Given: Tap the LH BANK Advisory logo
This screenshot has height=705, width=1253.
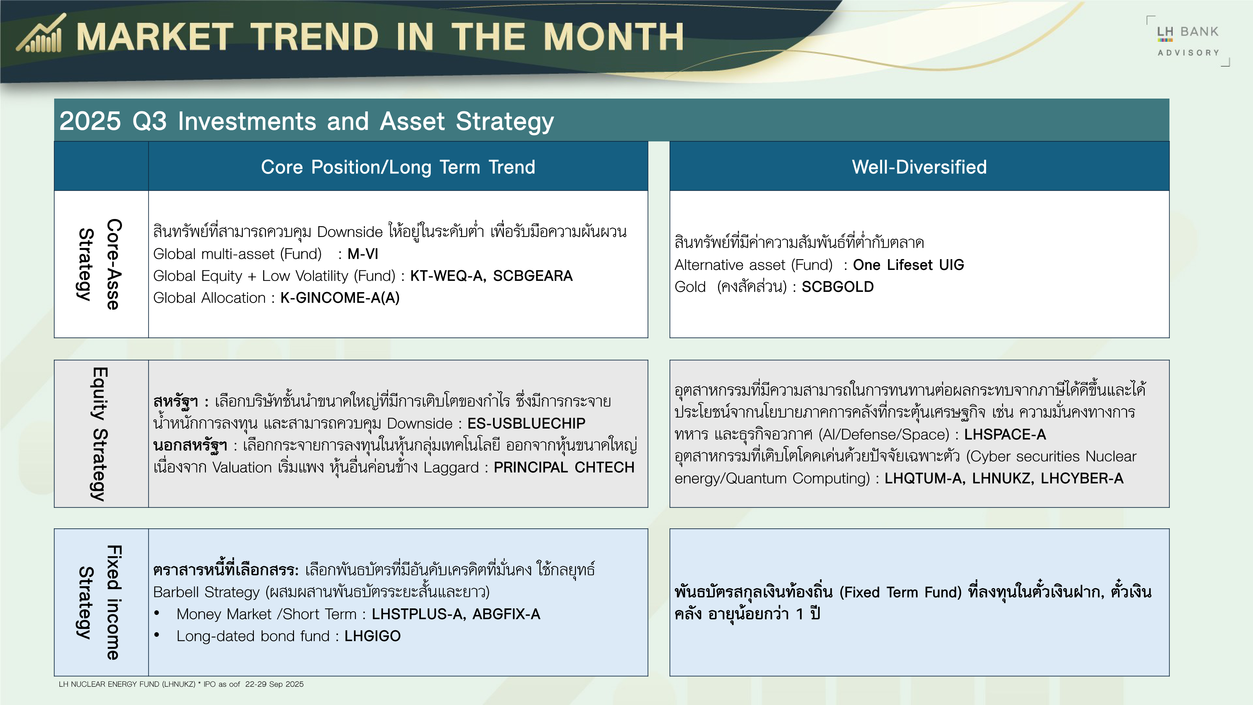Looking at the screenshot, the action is click(x=1188, y=41).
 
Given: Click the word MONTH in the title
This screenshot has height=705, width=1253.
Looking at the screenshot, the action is click(x=613, y=37).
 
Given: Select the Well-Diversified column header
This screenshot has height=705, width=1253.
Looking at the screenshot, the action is click(x=919, y=167).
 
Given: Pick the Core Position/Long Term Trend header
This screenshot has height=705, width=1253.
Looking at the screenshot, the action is click(x=398, y=167).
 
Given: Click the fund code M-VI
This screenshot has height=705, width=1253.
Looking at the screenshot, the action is click(x=363, y=254).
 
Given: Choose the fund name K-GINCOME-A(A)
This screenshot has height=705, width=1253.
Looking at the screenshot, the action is click(x=340, y=298).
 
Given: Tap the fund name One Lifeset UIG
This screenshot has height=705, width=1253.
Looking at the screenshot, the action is click(x=908, y=265).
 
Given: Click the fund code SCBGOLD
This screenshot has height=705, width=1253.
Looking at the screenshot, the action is click(x=838, y=287).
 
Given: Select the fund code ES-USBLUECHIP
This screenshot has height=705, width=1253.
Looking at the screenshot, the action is click(x=526, y=423).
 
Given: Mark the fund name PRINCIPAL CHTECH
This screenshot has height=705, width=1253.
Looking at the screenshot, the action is click(x=564, y=467).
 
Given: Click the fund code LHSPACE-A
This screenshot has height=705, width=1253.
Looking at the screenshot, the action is click(x=1005, y=434).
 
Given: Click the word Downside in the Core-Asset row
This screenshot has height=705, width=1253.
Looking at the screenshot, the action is click(x=350, y=232).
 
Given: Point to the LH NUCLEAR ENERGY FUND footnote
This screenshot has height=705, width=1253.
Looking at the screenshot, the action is click(x=181, y=684).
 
